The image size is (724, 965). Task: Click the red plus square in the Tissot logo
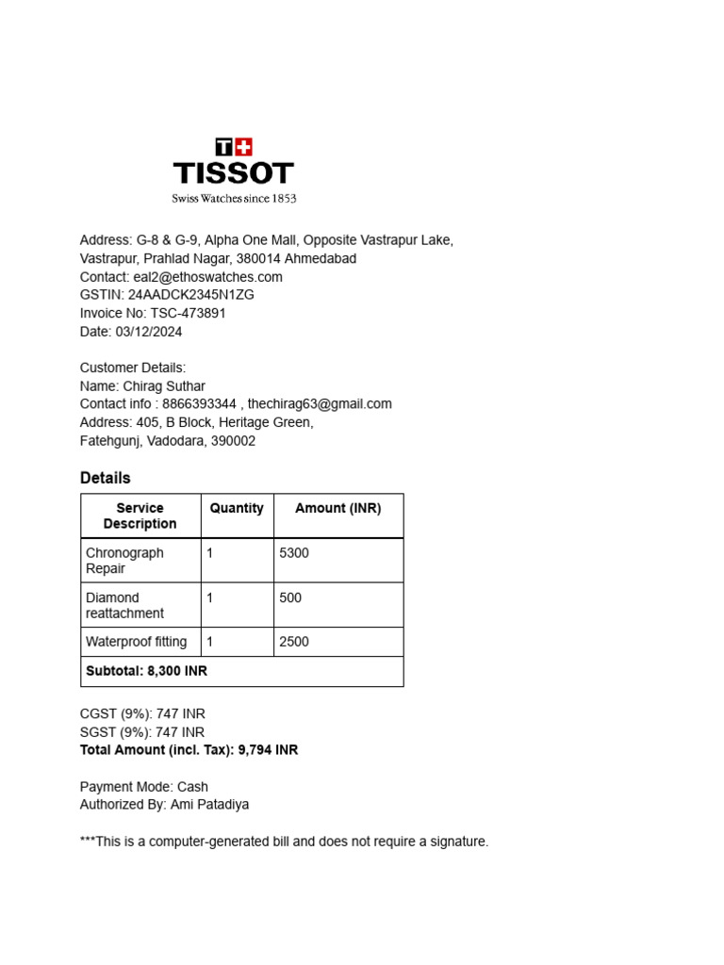click(x=243, y=147)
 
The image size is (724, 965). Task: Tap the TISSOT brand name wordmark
click(x=234, y=173)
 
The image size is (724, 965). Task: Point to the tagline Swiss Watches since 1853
click(x=234, y=199)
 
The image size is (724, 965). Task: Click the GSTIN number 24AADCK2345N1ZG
click(x=191, y=295)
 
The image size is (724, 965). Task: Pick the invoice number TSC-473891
click(x=188, y=313)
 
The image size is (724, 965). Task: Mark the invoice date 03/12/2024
click(x=150, y=332)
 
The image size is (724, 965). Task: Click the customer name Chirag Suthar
click(x=163, y=386)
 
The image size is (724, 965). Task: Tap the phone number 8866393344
click(x=199, y=404)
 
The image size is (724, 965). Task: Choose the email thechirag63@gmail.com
click(x=320, y=404)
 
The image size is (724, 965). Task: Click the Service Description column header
click(x=140, y=515)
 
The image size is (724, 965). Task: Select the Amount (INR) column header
click(x=338, y=508)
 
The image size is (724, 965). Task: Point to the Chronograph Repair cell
click(x=125, y=561)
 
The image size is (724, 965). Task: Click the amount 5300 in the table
click(x=294, y=553)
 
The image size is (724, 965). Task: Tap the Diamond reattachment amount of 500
click(x=290, y=597)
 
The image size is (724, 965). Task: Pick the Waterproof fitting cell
click(x=137, y=642)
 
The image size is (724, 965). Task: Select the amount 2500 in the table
click(x=294, y=642)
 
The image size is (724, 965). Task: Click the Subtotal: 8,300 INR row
click(x=146, y=671)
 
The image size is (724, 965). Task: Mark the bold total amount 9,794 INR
click(x=269, y=750)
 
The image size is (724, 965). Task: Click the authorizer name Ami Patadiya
click(x=209, y=805)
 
